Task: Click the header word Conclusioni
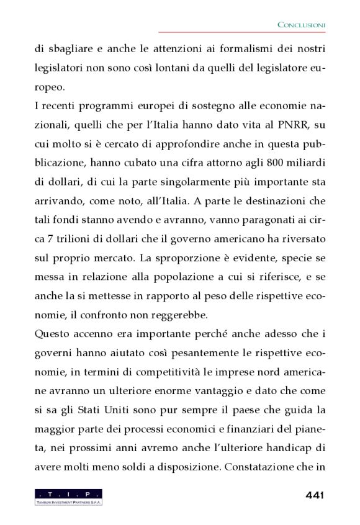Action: point(301,24)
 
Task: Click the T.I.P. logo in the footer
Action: point(68,496)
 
